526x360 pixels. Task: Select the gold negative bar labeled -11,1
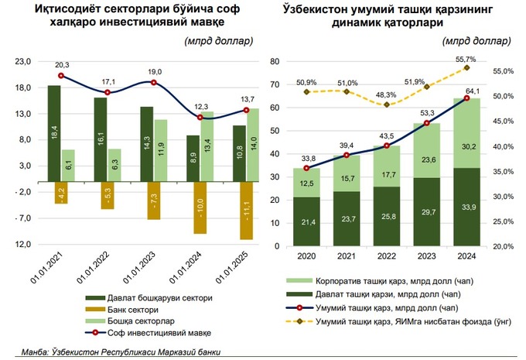point(247,216)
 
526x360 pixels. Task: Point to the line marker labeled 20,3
point(62,76)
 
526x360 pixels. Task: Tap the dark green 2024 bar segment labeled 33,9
point(466,207)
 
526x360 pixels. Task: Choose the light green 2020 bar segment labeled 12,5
point(306,183)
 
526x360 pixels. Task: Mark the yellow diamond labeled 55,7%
point(466,68)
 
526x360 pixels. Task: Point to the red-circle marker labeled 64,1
point(466,98)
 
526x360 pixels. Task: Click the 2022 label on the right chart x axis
point(386,255)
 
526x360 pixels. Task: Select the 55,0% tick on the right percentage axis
point(502,71)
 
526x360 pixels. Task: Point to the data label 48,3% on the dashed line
point(385,94)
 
